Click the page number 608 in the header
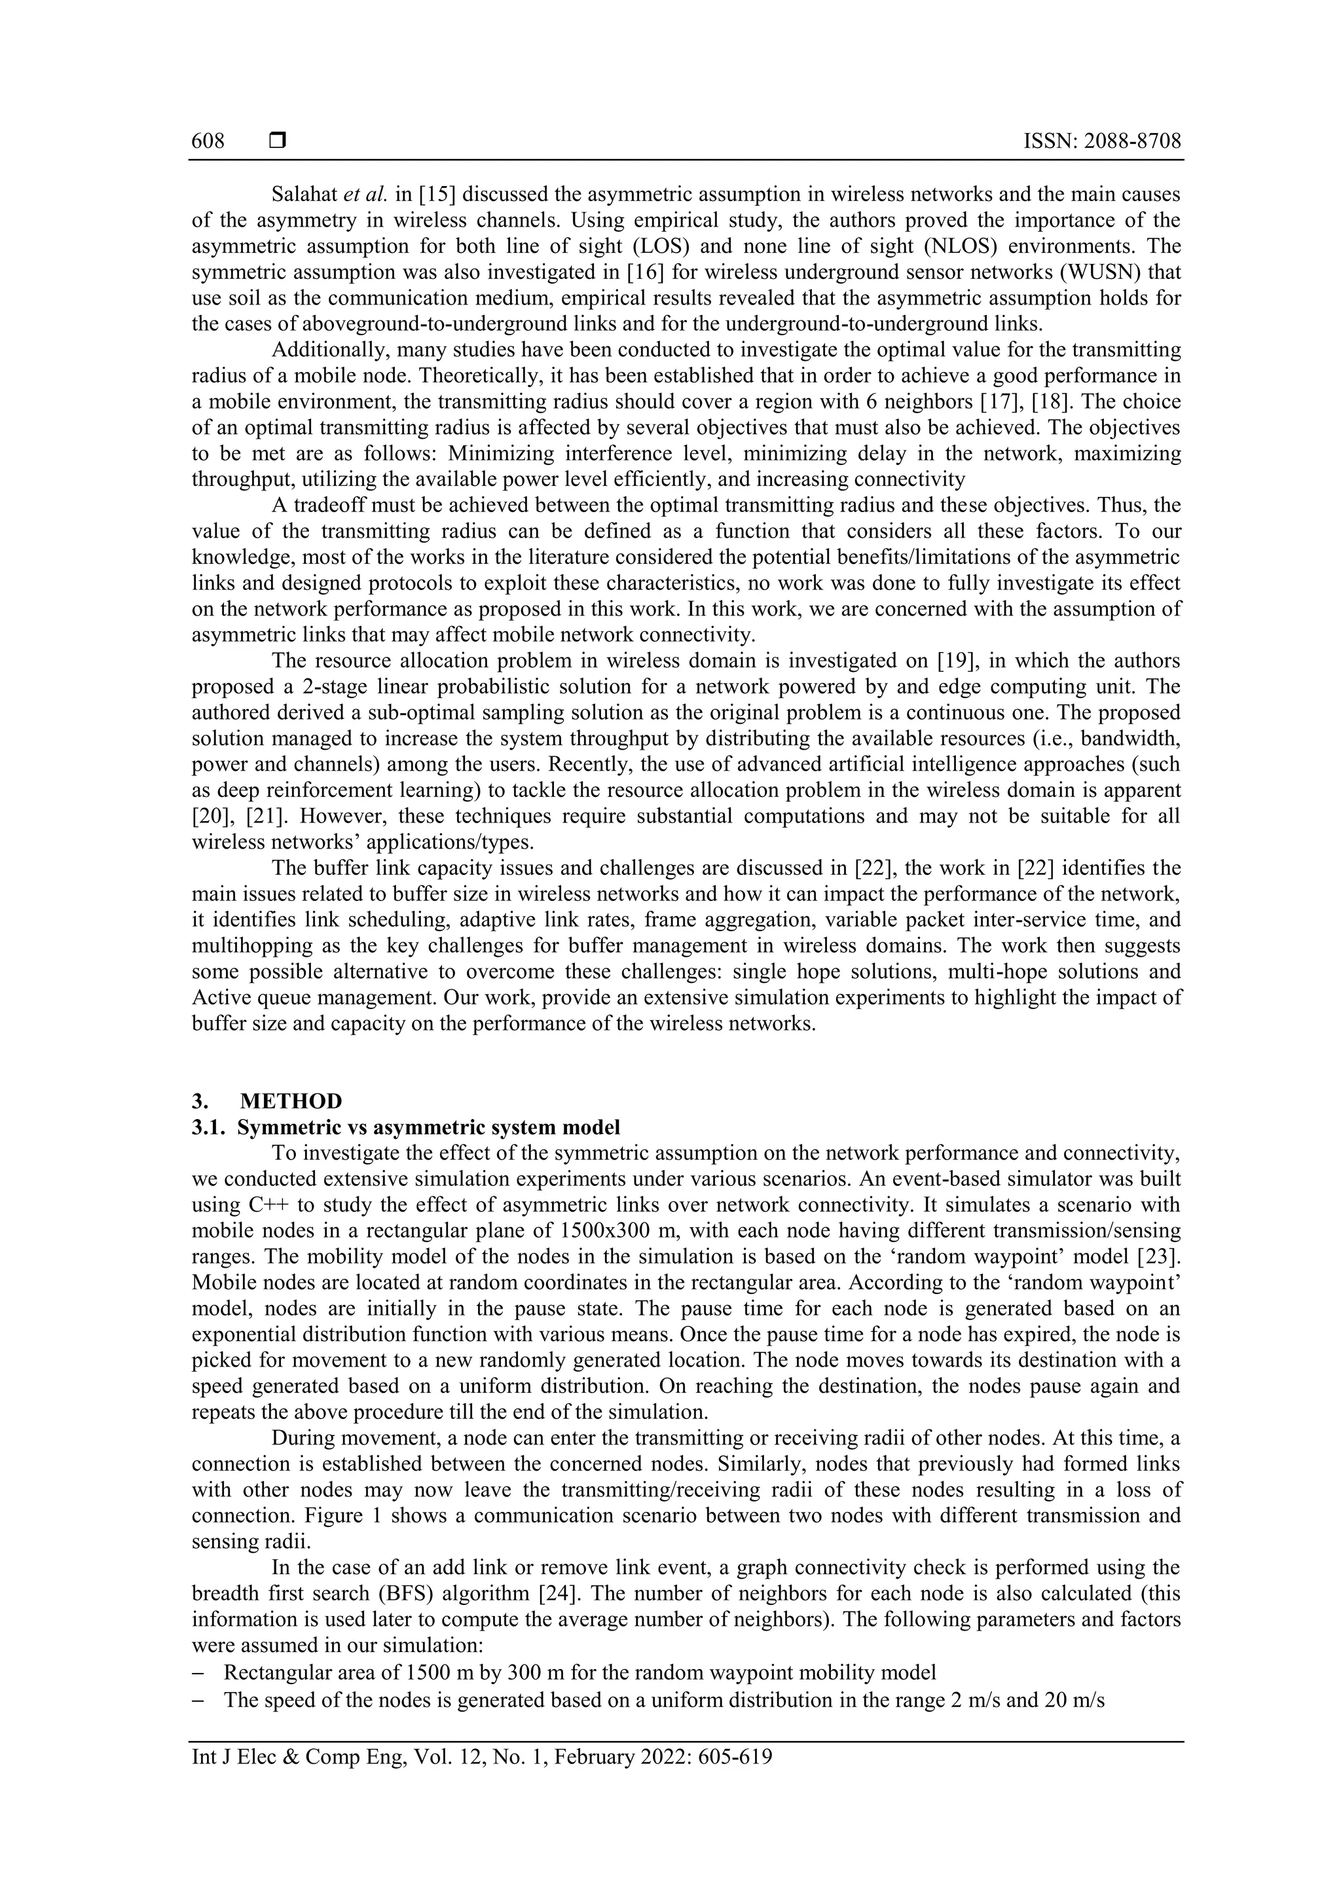pos(208,141)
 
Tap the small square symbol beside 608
pos(278,141)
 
